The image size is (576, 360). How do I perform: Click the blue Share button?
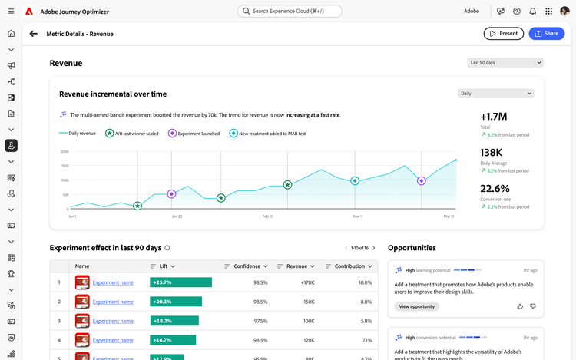pyautogui.click(x=546, y=34)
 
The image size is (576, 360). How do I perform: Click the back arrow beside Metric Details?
pyautogui.click(x=33, y=34)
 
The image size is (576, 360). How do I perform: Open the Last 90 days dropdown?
pyautogui.click(x=505, y=63)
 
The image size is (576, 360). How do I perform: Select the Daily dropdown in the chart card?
pyautogui.click(x=495, y=94)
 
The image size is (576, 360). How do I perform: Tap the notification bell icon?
pyautogui.click(x=532, y=12)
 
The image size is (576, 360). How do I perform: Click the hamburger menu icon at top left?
pyautogui.click(x=11, y=12)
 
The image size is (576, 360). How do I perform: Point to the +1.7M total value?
pyautogui.click(x=493, y=117)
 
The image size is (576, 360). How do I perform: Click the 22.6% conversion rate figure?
pyautogui.click(x=495, y=188)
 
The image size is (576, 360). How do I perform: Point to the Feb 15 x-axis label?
pyautogui.click(x=267, y=216)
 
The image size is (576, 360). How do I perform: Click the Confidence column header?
pyautogui.click(x=247, y=266)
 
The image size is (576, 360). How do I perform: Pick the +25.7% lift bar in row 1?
pyautogui.click(x=180, y=282)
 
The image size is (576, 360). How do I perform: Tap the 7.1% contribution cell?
pyautogui.click(x=366, y=339)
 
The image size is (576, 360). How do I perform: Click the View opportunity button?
pyautogui.click(x=417, y=306)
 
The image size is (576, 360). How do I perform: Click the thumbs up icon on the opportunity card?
pyautogui.click(x=520, y=306)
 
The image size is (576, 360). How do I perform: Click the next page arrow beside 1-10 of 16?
pyautogui.click(x=373, y=248)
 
